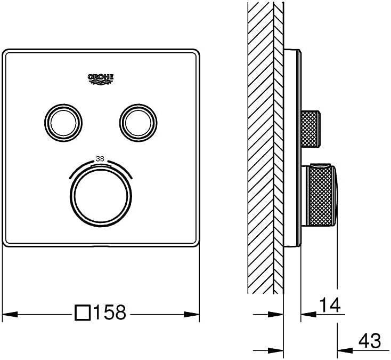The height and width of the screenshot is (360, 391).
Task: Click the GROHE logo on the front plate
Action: (x=101, y=79)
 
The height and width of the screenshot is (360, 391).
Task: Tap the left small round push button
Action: (x=63, y=123)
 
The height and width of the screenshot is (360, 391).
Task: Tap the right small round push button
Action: (x=138, y=123)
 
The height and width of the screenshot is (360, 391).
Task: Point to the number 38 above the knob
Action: (x=100, y=158)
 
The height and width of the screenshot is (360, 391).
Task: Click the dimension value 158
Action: (x=110, y=312)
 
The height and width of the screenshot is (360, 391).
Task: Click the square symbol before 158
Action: (x=82, y=312)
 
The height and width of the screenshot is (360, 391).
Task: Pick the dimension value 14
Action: (x=330, y=305)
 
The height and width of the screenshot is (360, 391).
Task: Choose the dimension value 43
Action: (x=370, y=341)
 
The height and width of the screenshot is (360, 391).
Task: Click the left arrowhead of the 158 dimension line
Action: (x=10, y=314)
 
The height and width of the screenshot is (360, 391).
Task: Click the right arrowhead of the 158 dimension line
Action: (x=192, y=314)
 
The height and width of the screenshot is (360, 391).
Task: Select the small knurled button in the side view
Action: (x=311, y=129)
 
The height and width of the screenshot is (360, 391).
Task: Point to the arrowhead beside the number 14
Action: (x=309, y=314)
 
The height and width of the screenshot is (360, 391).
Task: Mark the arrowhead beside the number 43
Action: (x=345, y=350)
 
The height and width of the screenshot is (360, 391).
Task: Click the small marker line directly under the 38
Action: (x=100, y=165)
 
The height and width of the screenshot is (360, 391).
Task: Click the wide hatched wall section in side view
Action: (x=260, y=147)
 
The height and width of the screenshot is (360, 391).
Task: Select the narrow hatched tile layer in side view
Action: (x=279, y=147)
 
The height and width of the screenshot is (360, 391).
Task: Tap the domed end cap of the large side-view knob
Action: (x=336, y=195)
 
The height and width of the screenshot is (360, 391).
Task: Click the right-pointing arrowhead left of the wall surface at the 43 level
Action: (x=276, y=350)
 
